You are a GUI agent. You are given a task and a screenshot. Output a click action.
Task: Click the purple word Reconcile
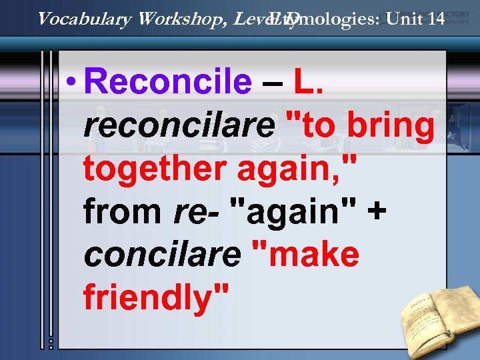point(169,83)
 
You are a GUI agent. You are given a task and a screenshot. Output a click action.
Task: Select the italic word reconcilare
point(179,125)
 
